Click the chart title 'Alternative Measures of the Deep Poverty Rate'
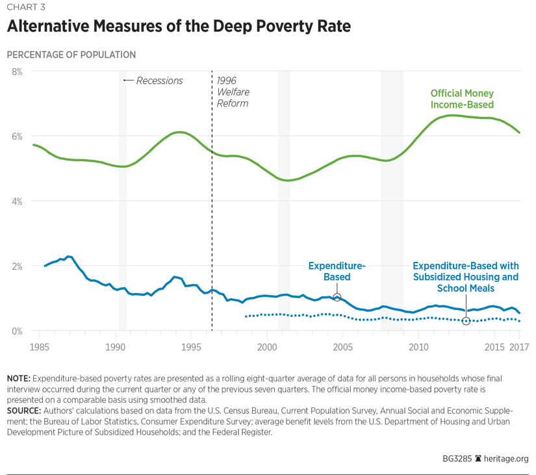point(178,27)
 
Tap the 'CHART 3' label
point(27,7)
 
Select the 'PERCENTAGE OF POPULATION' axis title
point(71,55)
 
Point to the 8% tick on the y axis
point(15,71)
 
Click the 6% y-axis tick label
point(15,136)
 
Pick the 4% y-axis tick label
point(15,201)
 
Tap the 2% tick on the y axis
point(15,266)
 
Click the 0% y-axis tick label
point(15,331)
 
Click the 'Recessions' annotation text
point(159,81)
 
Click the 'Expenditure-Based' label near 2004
point(337,272)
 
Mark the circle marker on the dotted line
point(466,321)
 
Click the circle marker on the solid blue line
point(337,297)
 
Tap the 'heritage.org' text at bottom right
point(506,457)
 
